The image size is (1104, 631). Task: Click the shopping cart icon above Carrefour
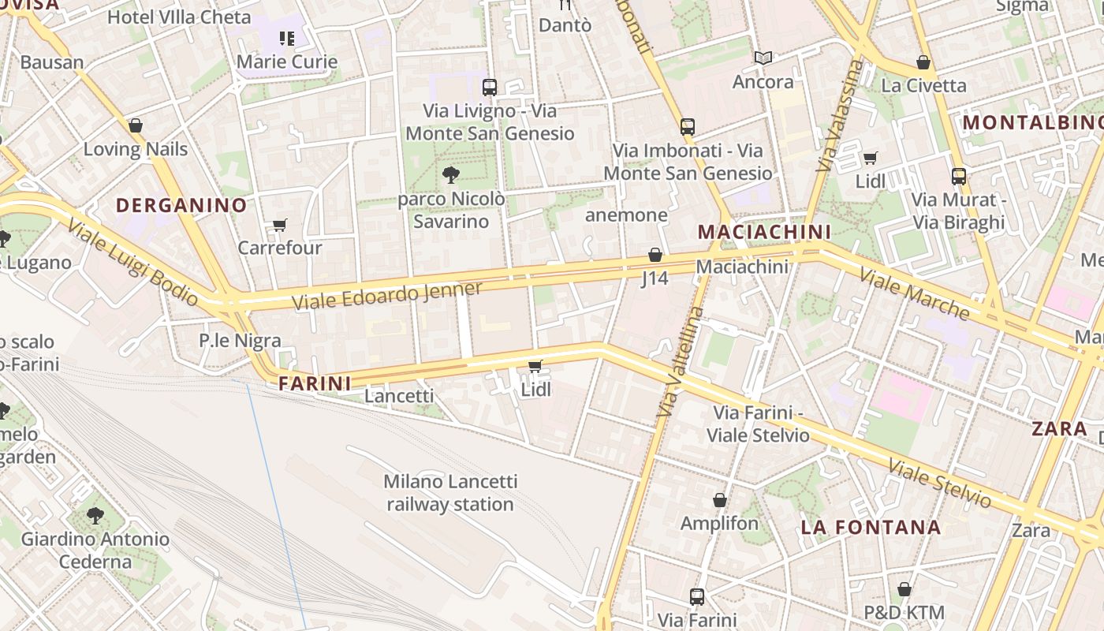click(x=279, y=226)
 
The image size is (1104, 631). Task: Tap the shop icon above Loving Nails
click(x=136, y=125)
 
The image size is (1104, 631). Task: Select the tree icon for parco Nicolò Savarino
click(x=451, y=175)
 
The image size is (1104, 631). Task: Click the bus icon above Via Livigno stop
click(x=490, y=88)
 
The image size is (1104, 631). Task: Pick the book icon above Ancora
click(x=763, y=58)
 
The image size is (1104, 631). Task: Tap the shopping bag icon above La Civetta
click(x=923, y=62)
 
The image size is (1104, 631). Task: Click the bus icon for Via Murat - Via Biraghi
click(x=959, y=177)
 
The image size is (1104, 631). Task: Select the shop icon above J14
click(x=655, y=255)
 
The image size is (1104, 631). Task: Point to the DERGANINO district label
click(x=181, y=206)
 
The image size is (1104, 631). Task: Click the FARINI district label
click(x=315, y=384)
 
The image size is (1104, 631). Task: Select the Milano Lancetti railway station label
click(x=450, y=492)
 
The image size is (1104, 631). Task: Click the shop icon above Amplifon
click(x=719, y=500)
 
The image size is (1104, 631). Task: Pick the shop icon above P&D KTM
click(x=904, y=589)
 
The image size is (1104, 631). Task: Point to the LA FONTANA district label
click(x=871, y=527)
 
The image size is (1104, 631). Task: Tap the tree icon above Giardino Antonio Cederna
click(x=95, y=516)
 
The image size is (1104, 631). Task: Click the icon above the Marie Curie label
click(x=286, y=38)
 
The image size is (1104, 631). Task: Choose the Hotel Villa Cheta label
click(x=179, y=17)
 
